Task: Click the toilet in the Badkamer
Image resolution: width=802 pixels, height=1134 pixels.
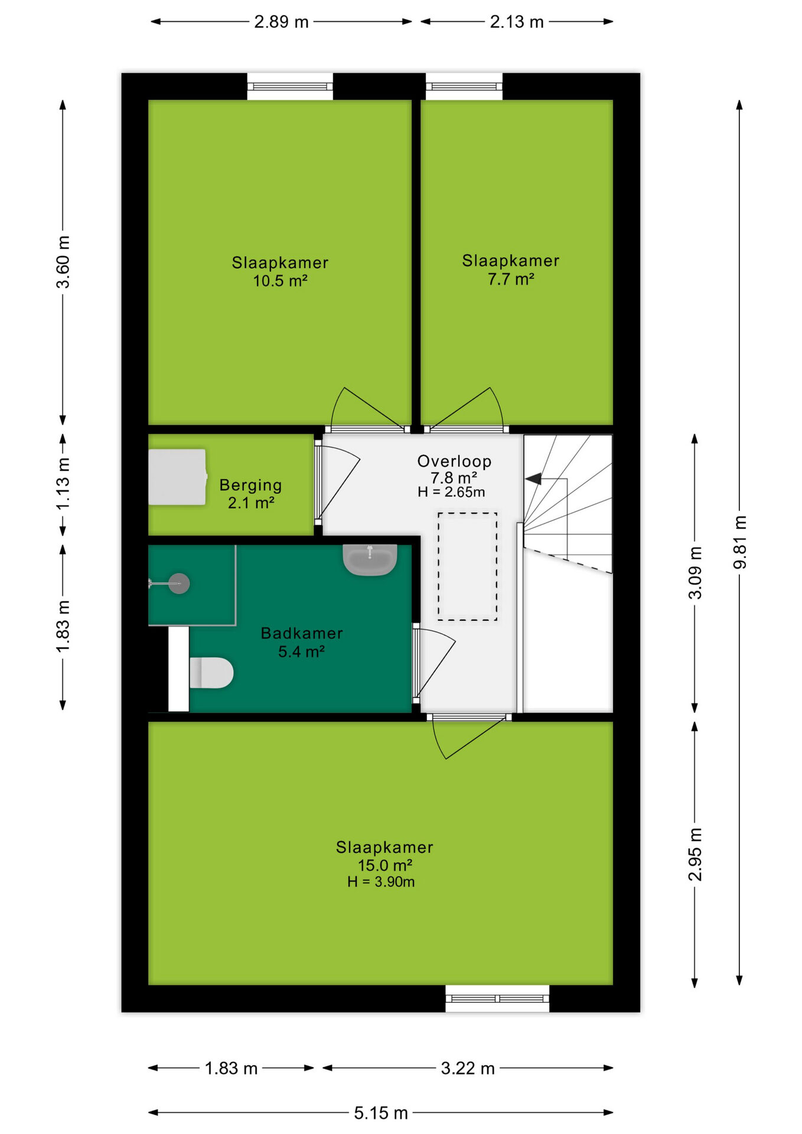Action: tap(211, 673)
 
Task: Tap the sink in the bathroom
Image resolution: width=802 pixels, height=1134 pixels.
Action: tap(370, 559)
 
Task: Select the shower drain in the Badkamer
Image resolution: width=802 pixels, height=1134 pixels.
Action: tap(179, 584)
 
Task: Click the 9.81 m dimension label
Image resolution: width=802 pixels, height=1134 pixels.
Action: tap(739, 542)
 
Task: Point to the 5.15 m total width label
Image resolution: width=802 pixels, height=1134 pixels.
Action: tap(381, 1113)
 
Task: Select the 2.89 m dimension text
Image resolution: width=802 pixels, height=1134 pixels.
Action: tap(281, 22)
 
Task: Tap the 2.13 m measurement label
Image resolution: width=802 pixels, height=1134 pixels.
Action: tap(517, 22)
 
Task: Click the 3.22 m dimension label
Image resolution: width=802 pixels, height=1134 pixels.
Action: tap(468, 1068)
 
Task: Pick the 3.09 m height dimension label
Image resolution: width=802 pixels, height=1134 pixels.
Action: tap(695, 573)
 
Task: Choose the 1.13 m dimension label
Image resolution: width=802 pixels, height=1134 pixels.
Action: tap(63, 484)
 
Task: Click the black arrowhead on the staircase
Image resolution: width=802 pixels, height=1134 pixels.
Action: tap(534, 478)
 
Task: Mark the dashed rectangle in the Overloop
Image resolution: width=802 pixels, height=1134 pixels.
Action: tap(467, 566)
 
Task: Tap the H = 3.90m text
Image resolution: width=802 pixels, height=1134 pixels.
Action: tap(381, 882)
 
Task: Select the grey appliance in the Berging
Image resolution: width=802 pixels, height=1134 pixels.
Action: tap(177, 477)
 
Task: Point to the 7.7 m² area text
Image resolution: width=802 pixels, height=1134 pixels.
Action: tap(511, 279)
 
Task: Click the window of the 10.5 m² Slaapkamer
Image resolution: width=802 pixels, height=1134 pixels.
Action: tap(290, 87)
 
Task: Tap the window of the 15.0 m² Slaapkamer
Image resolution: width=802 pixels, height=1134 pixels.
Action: tap(497, 998)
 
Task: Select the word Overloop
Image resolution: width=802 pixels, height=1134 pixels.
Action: tap(454, 461)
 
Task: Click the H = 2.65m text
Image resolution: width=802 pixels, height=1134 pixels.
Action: tap(451, 492)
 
